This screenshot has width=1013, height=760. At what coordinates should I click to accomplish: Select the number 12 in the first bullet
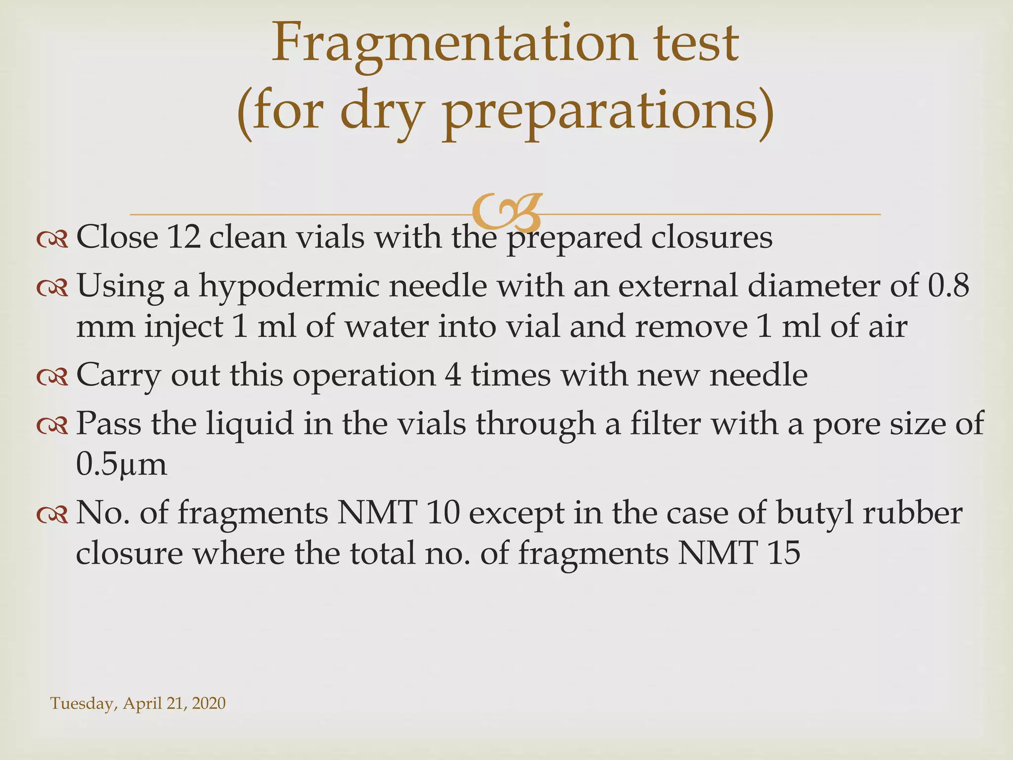[184, 237]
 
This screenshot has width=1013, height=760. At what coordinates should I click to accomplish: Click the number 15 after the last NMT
[784, 553]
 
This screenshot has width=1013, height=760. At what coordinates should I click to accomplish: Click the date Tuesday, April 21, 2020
[138, 703]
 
